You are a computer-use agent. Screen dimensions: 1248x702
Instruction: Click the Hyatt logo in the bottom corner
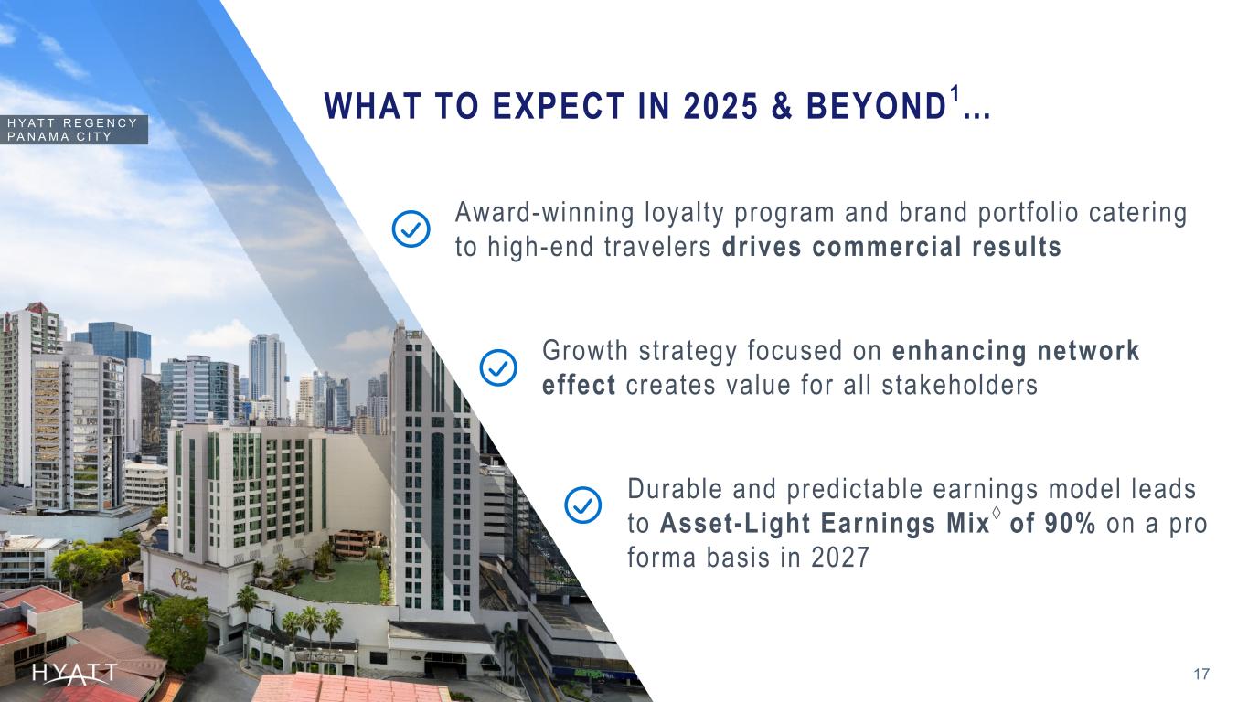click(75, 674)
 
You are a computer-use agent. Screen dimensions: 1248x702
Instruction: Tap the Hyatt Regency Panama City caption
click(72, 130)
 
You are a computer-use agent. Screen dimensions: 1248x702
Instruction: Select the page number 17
click(1201, 675)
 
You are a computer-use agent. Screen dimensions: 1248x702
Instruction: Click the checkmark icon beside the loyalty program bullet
click(411, 229)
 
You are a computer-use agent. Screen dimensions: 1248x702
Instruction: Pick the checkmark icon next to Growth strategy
click(498, 367)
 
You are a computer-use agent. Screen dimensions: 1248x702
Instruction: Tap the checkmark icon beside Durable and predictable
click(582, 505)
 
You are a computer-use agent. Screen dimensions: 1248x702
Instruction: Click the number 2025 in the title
click(720, 106)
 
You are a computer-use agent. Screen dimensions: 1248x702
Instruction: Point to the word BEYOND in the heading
click(876, 106)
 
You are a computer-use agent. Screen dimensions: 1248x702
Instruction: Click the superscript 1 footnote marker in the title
click(955, 93)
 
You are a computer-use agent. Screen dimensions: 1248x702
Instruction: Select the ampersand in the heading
click(782, 106)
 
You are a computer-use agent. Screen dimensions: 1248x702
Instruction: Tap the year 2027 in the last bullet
click(839, 558)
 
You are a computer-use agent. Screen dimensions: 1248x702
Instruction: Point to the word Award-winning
click(544, 213)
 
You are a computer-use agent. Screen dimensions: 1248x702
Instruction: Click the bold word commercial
click(887, 247)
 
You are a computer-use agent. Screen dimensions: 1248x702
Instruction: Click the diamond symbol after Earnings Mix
click(997, 512)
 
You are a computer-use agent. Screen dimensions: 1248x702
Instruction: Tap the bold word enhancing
click(959, 352)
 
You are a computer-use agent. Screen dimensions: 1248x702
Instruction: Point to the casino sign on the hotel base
click(185, 580)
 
